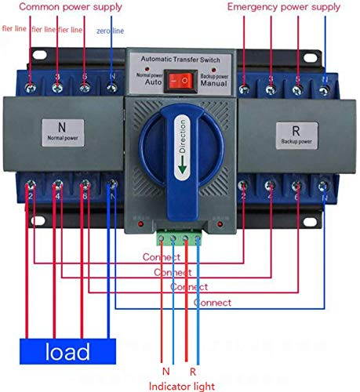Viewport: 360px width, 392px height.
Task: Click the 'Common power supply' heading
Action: point(71,6)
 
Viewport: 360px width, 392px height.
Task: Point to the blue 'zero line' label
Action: point(110,31)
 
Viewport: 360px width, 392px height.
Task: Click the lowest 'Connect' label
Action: point(212,302)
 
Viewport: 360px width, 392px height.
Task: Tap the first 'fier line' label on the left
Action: point(14,28)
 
